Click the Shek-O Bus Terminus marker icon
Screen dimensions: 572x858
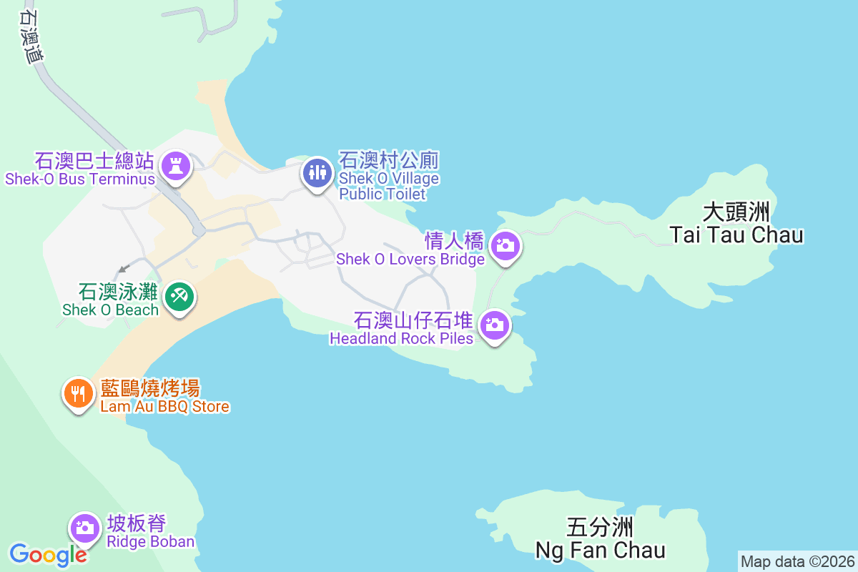pos(175,167)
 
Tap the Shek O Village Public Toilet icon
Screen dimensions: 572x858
pos(315,172)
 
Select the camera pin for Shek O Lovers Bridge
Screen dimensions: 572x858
pos(506,246)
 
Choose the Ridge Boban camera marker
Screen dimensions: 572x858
pos(85,528)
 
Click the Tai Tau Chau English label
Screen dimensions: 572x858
pos(736,235)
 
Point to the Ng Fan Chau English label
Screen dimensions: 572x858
pos(601,550)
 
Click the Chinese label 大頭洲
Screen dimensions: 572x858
pos(736,212)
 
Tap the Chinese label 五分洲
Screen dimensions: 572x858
pos(600,528)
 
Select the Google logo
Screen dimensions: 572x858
pos(48,554)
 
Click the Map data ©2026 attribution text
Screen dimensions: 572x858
pos(797,561)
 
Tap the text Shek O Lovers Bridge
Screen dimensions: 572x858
pos(410,259)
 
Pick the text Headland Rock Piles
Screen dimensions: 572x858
pos(401,338)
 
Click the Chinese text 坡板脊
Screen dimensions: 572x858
pos(137,523)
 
